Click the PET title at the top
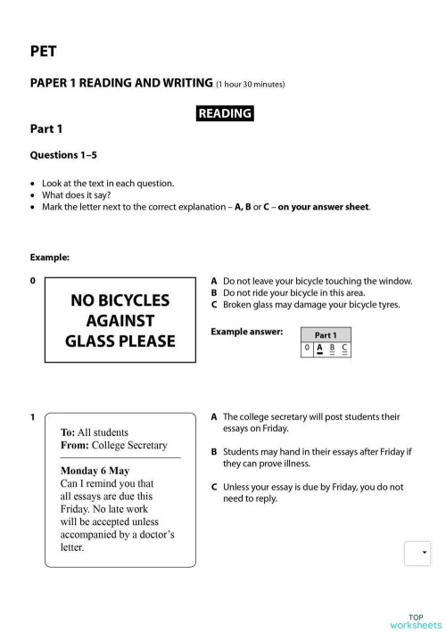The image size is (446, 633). pyautogui.click(x=43, y=52)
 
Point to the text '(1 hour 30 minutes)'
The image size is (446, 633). pyautogui.click(x=251, y=85)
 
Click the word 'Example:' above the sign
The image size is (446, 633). pyautogui.click(x=50, y=257)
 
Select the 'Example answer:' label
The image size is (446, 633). pyautogui.click(x=247, y=332)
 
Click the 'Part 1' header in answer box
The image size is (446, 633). pyautogui.click(x=326, y=335)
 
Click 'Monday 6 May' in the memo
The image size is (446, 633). pyautogui.click(x=95, y=470)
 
